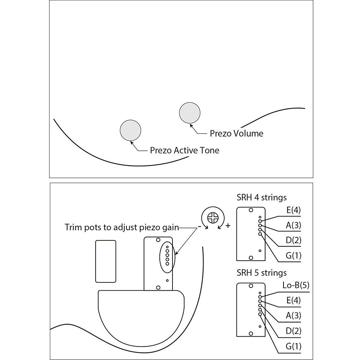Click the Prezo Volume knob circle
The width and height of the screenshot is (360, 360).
pos(190,113)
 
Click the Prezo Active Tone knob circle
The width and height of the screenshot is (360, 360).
pos(130,130)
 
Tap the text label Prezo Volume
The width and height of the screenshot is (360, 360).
pos(237,133)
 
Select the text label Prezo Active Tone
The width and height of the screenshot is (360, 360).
pos(184,150)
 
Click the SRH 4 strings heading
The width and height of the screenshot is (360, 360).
pos(262,198)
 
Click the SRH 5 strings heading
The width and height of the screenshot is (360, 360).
pos(262,273)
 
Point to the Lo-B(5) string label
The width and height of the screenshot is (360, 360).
pos(296,285)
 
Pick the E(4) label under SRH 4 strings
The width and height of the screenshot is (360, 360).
pos(293,210)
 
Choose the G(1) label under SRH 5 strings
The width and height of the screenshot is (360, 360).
pos(293,346)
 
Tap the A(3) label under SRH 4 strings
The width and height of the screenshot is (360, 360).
pos(293,225)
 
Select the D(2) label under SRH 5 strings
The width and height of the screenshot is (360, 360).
pos(293,331)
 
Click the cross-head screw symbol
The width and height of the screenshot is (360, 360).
pos(213,218)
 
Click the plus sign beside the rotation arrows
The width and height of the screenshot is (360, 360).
pos(228,226)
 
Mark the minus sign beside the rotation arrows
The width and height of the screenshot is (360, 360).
pos(199,226)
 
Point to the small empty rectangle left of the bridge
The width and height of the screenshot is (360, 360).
pos(106,261)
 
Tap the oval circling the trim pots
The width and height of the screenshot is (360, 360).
pos(160,257)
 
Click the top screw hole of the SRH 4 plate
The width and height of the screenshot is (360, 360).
pos(251,210)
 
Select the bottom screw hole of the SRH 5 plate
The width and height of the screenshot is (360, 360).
pos(251,333)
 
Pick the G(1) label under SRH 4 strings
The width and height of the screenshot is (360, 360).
pos(293,255)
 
